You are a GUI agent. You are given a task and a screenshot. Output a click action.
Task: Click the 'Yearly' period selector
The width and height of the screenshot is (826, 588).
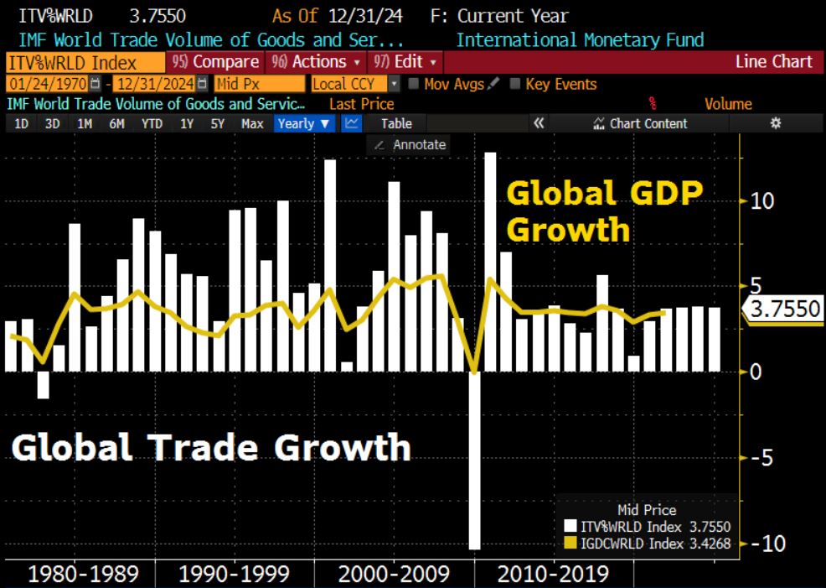pos(303,123)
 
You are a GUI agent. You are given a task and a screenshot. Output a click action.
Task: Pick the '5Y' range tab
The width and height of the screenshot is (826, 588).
pos(218,123)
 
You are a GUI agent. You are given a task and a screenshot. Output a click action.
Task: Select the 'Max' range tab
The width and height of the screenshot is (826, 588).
pos(252,123)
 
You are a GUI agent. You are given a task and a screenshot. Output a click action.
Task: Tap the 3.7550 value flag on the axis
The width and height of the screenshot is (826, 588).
pos(785,309)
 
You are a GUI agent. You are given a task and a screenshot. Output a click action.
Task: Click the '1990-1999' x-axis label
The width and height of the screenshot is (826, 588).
pos(235,575)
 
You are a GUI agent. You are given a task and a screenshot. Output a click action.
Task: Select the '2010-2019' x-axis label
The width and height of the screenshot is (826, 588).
pos(553,575)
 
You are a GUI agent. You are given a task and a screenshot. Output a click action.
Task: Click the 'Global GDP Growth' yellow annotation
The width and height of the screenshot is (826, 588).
pos(603,211)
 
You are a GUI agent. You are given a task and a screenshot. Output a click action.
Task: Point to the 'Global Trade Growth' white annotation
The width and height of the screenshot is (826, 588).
pos(211,447)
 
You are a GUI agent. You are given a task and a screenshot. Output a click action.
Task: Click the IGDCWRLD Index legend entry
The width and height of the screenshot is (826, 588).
pos(645,543)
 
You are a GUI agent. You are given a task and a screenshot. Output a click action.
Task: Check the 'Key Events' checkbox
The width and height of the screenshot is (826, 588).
pos(516,84)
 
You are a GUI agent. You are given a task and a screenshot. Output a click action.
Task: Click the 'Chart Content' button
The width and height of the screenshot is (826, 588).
pos(640,123)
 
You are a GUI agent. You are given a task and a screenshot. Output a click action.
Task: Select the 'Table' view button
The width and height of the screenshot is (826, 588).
pos(396,123)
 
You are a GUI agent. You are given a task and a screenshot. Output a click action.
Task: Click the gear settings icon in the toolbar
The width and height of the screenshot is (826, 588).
pos(776,123)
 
